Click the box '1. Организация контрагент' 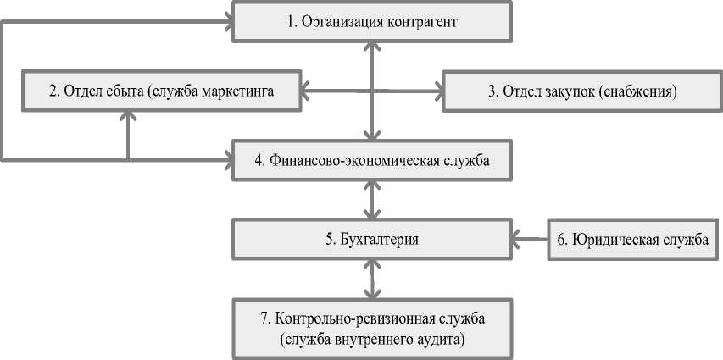(371, 22)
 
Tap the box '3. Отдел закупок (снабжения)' (581, 91)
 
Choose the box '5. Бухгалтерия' (371, 240)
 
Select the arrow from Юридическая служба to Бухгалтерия (530, 240)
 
